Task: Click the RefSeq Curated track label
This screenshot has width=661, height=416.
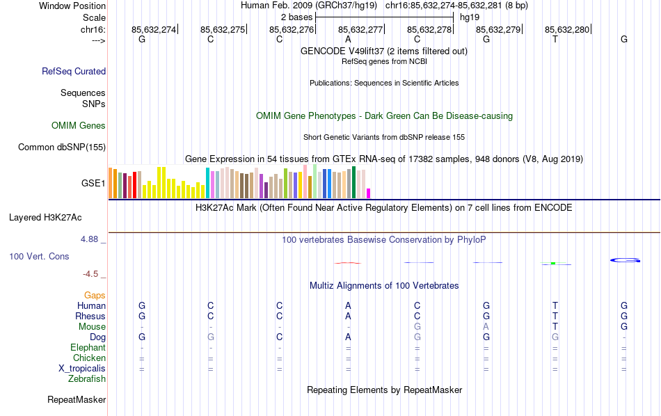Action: [74, 71]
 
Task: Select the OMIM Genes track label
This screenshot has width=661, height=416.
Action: [79, 126]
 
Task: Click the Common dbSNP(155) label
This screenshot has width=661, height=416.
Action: [62, 147]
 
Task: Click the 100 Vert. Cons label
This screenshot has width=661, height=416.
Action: [39, 257]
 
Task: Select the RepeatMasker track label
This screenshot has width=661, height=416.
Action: [77, 400]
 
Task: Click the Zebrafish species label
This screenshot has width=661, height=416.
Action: [87, 379]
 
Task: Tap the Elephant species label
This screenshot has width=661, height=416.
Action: [88, 348]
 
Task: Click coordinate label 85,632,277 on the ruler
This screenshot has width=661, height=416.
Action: [360, 29]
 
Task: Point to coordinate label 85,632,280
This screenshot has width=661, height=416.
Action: [567, 29]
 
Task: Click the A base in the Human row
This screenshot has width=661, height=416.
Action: [348, 306]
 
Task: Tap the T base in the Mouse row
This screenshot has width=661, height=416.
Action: [555, 327]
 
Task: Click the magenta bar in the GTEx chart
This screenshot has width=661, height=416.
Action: [369, 193]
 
